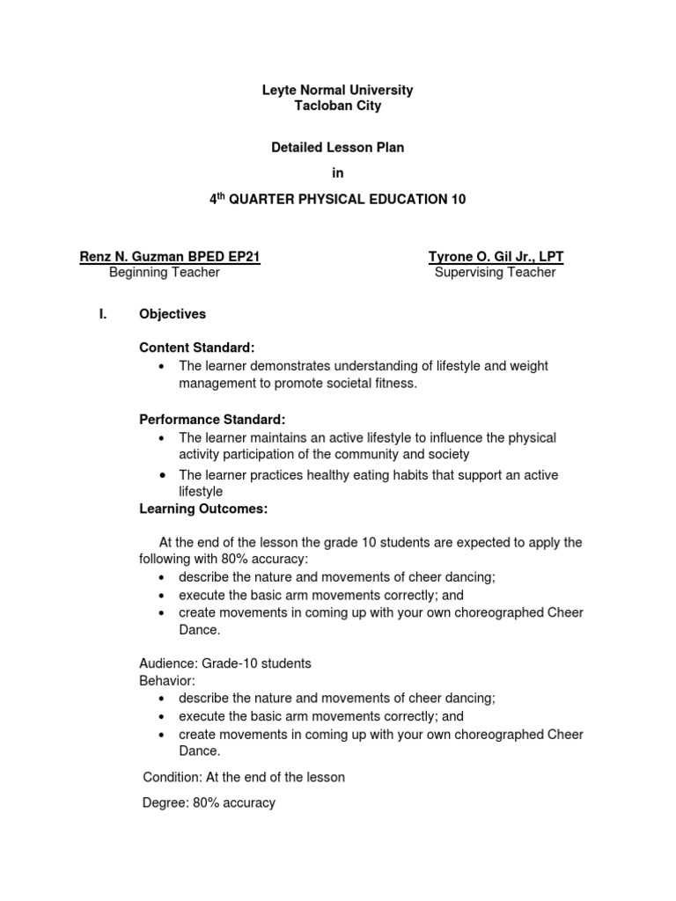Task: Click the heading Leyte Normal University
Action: point(337,90)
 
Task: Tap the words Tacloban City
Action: point(337,106)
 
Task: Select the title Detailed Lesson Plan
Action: point(337,148)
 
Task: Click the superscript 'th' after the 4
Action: point(220,196)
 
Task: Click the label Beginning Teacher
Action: point(164,273)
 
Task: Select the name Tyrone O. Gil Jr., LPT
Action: point(496,257)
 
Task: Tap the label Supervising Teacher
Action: point(496,273)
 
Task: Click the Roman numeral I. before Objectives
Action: point(102,314)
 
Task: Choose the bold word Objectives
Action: point(173,314)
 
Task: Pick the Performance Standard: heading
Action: point(212,419)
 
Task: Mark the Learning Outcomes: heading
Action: point(203,509)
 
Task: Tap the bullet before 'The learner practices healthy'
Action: point(163,475)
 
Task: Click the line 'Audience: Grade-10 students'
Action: point(225,663)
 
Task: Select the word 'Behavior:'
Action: point(167,680)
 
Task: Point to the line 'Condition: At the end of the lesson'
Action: point(244,777)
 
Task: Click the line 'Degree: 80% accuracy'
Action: point(209,802)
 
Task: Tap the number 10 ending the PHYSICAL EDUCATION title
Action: point(458,200)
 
